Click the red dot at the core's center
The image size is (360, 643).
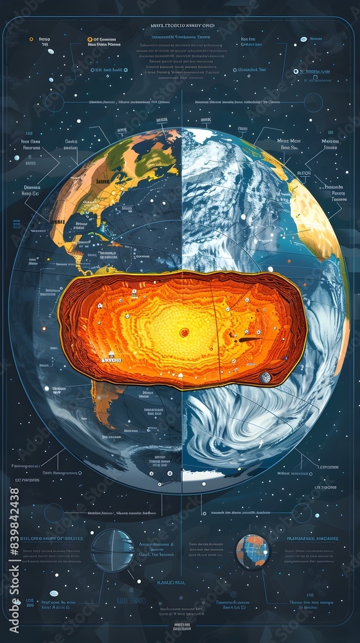point(184,332)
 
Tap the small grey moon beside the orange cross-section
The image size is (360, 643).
point(265,377)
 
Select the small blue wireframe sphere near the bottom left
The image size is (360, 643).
point(113,550)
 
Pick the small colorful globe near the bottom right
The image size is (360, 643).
point(253,552)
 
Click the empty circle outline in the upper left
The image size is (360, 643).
point(55,102)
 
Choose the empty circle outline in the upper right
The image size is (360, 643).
point(313,102)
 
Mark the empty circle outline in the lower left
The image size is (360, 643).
point(54,512)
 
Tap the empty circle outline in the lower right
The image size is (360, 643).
point(301,512)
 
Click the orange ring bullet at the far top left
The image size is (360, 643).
point(32,39)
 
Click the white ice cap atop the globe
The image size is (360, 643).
point(203,136)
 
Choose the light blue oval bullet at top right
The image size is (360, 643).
point(303,39)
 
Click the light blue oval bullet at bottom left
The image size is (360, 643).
point(53,593)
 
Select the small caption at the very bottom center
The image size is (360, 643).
point(182,627)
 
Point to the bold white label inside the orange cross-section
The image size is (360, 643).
point(111,360)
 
